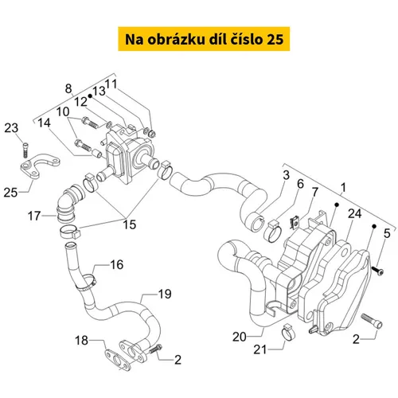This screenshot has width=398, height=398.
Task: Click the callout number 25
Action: [10, 193]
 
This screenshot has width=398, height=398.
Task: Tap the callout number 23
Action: [11, 128]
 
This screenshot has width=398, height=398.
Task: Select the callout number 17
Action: [34, 216]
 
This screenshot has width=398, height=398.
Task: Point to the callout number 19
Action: [165, 294]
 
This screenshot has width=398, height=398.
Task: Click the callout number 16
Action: [117, 264]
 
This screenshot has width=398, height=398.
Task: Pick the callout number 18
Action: [81, 340]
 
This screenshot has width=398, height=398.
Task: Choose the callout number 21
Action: [259, 349]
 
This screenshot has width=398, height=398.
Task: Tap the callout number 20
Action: [240, 337]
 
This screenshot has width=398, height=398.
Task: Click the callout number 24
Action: [355, 213]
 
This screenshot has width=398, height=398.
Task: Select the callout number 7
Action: [315, 192]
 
